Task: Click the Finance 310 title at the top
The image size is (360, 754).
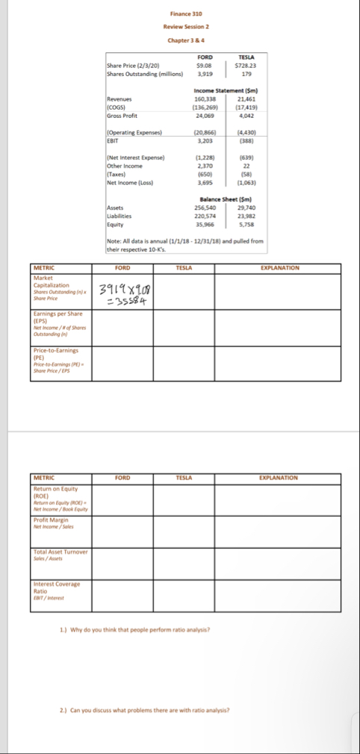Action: click(x=186, y=14)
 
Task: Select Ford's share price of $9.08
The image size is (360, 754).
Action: click(x=205, y=66)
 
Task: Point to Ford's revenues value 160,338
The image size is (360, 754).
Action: click(x=205, y=99)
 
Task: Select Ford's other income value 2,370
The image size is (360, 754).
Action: click(x=205, y=165)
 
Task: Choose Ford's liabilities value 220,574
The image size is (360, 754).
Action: click(x=205, y=215)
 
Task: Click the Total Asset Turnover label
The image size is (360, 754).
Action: click(x=60, y=553)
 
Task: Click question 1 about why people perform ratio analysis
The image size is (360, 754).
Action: click(x=135, y=630)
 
